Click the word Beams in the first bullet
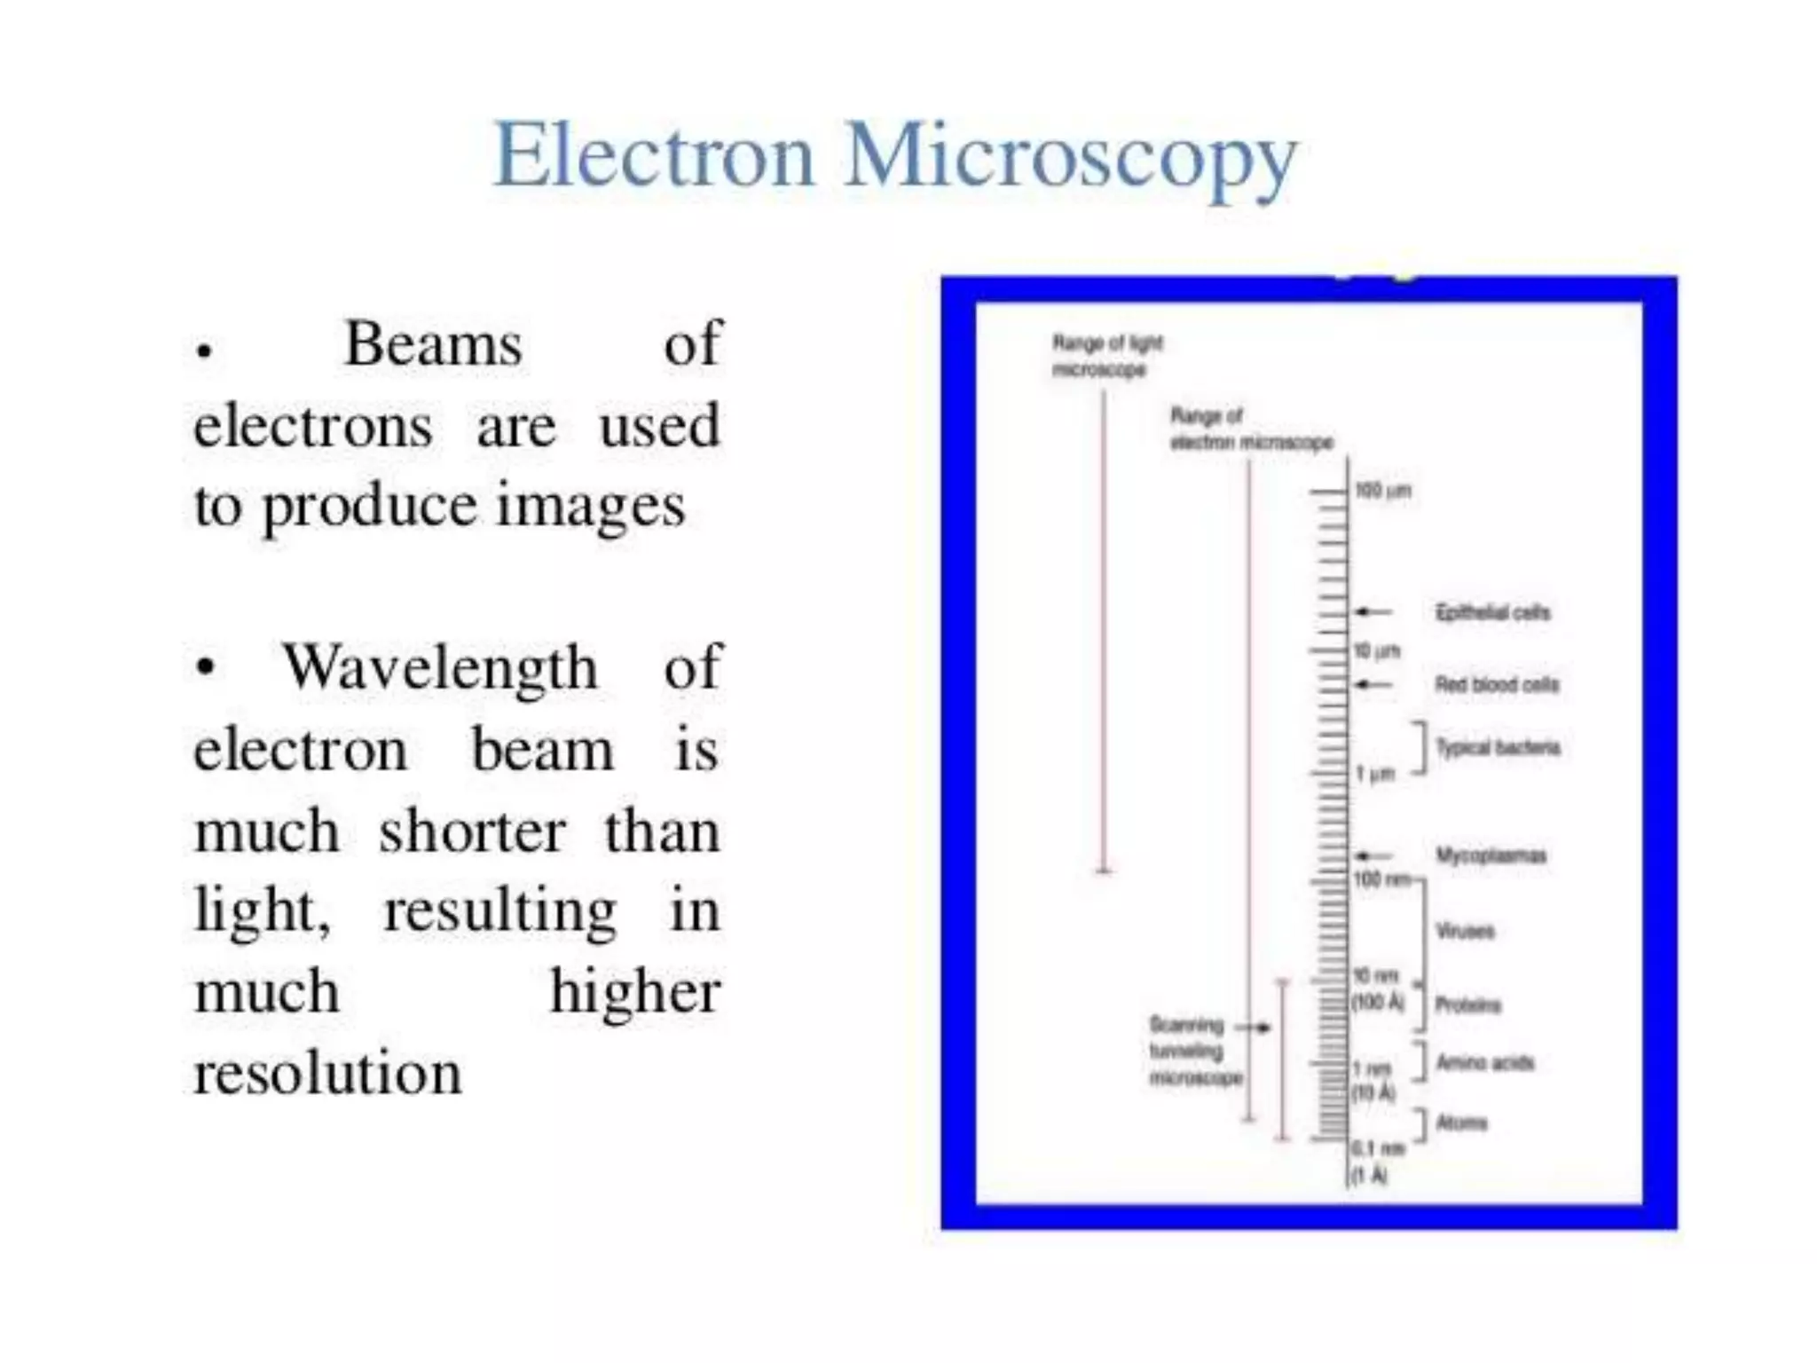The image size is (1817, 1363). pyautogui.click(x=433, y=344)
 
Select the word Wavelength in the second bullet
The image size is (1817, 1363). pyautogui.click(x=440, y=667)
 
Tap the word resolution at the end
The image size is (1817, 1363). pyautogui.click(x=327, y=1073)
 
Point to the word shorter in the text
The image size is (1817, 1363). pyautogui.click(x=472, y=832)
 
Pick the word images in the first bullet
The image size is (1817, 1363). pyautogui.click(x=590, y=507)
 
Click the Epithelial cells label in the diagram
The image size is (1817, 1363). pyautogui.click(x=1492, y=612)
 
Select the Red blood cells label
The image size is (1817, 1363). pyautogui.click(x=1497, y=684)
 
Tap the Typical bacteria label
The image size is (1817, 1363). pyautogui.click(x=1498, y=747)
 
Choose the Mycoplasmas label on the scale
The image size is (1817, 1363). pyautogui.click(x=1491, y=855)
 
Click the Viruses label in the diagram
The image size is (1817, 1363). pyautogui.click(x=1465, y=931)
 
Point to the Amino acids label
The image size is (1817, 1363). pyautogui.click(x=1484, y=1062)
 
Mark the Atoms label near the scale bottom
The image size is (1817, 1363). pyautogui.click(x=1461, y=1123)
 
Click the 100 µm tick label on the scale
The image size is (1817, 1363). pyautogui.click(x=1382, y=491)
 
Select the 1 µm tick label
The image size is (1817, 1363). pyautogui.click(x=1375, y=774)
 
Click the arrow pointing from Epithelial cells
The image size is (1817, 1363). pyautogui.click(x=1373, y=611)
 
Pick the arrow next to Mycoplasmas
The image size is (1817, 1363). pyautogui.click(x=1373, y=855)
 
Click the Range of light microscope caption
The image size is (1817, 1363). pyautogui.click(x=1106, y=356)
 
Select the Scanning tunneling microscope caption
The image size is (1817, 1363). pyautogui.click(x=1193, y=1052)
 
